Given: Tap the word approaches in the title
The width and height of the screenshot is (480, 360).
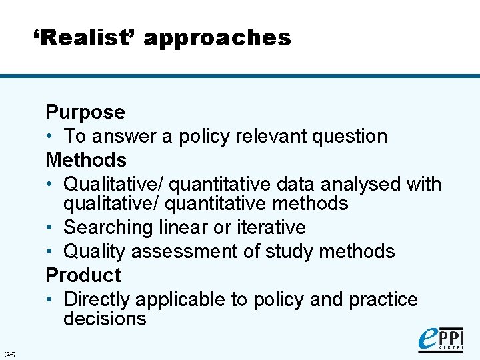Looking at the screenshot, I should click(217, 39).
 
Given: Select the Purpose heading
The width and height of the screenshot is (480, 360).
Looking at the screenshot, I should click(85, 112).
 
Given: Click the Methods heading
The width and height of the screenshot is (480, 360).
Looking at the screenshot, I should click(86, 160).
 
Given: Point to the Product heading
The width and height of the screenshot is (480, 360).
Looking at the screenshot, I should click(83, 275).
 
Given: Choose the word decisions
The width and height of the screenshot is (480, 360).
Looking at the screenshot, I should click(105, 319).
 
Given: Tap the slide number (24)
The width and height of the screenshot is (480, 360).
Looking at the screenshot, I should click(10, 353).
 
